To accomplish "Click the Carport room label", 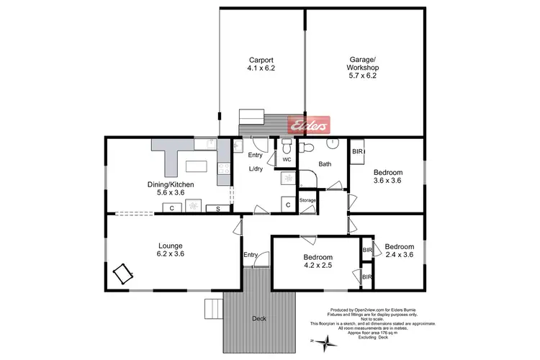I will [261, 60].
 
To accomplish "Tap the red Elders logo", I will [309, 125].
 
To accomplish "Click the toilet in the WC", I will [287, 146].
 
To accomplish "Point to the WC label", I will [286, 159].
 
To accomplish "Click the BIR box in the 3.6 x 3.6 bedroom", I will [358, 153].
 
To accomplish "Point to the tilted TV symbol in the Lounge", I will [122, 273].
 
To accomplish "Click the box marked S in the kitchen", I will [218, 209].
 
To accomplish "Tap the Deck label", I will [258, 318].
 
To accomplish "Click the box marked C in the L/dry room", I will [288, 205].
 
